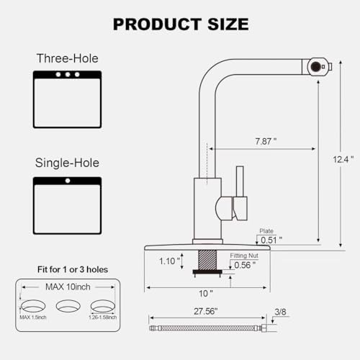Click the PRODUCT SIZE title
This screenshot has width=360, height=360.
tap(180, 24)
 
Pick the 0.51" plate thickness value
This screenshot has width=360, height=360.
tap(270, 240)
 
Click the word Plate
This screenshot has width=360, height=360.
tap(265, 231)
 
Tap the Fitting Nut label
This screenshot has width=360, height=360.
tap(243, 255)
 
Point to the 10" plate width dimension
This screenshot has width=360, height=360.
tap(207, 293)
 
